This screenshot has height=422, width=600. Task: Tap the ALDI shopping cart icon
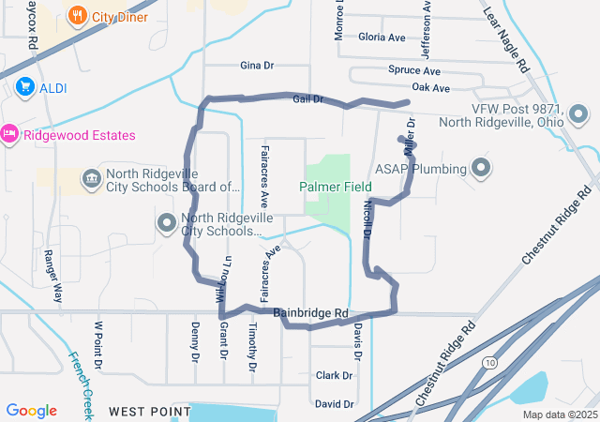(x=25, y=87)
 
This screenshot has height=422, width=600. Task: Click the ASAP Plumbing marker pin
(x=482, y=169)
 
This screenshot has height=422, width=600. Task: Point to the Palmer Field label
(x=336, y=187)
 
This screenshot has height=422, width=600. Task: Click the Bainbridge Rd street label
(x=310, y=312)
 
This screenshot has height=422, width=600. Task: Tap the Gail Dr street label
(x=307, y=98)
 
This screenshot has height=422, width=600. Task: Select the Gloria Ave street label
(x=382, y=38)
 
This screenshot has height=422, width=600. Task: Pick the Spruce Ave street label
(x=413, y=70)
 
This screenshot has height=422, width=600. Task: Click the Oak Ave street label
(x=431, y=87)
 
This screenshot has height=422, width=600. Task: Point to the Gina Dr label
(x=256, y=66)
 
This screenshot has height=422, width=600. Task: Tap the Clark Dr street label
(x=334, y=375)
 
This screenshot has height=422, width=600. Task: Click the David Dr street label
(x=334, y=404)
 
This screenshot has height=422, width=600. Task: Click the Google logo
(x=31, y=411)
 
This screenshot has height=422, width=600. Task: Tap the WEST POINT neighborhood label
(x=143, y=412)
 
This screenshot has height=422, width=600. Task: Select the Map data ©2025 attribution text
(x=559, y=414)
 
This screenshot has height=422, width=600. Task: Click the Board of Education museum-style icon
(x=91, y=178)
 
